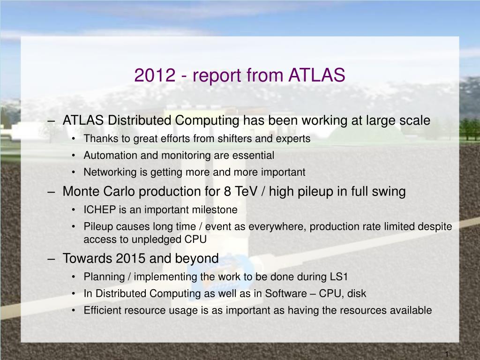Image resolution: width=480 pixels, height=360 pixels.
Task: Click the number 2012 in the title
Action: (155, 75)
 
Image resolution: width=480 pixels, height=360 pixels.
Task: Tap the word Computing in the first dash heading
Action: (207, 120)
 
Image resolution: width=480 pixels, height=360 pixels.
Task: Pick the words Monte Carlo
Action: (98, 191)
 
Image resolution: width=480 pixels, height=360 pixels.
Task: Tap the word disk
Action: (357, 293)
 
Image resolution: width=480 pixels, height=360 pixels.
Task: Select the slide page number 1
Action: (447, 354)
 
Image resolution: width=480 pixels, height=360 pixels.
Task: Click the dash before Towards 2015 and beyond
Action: (51, 259)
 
